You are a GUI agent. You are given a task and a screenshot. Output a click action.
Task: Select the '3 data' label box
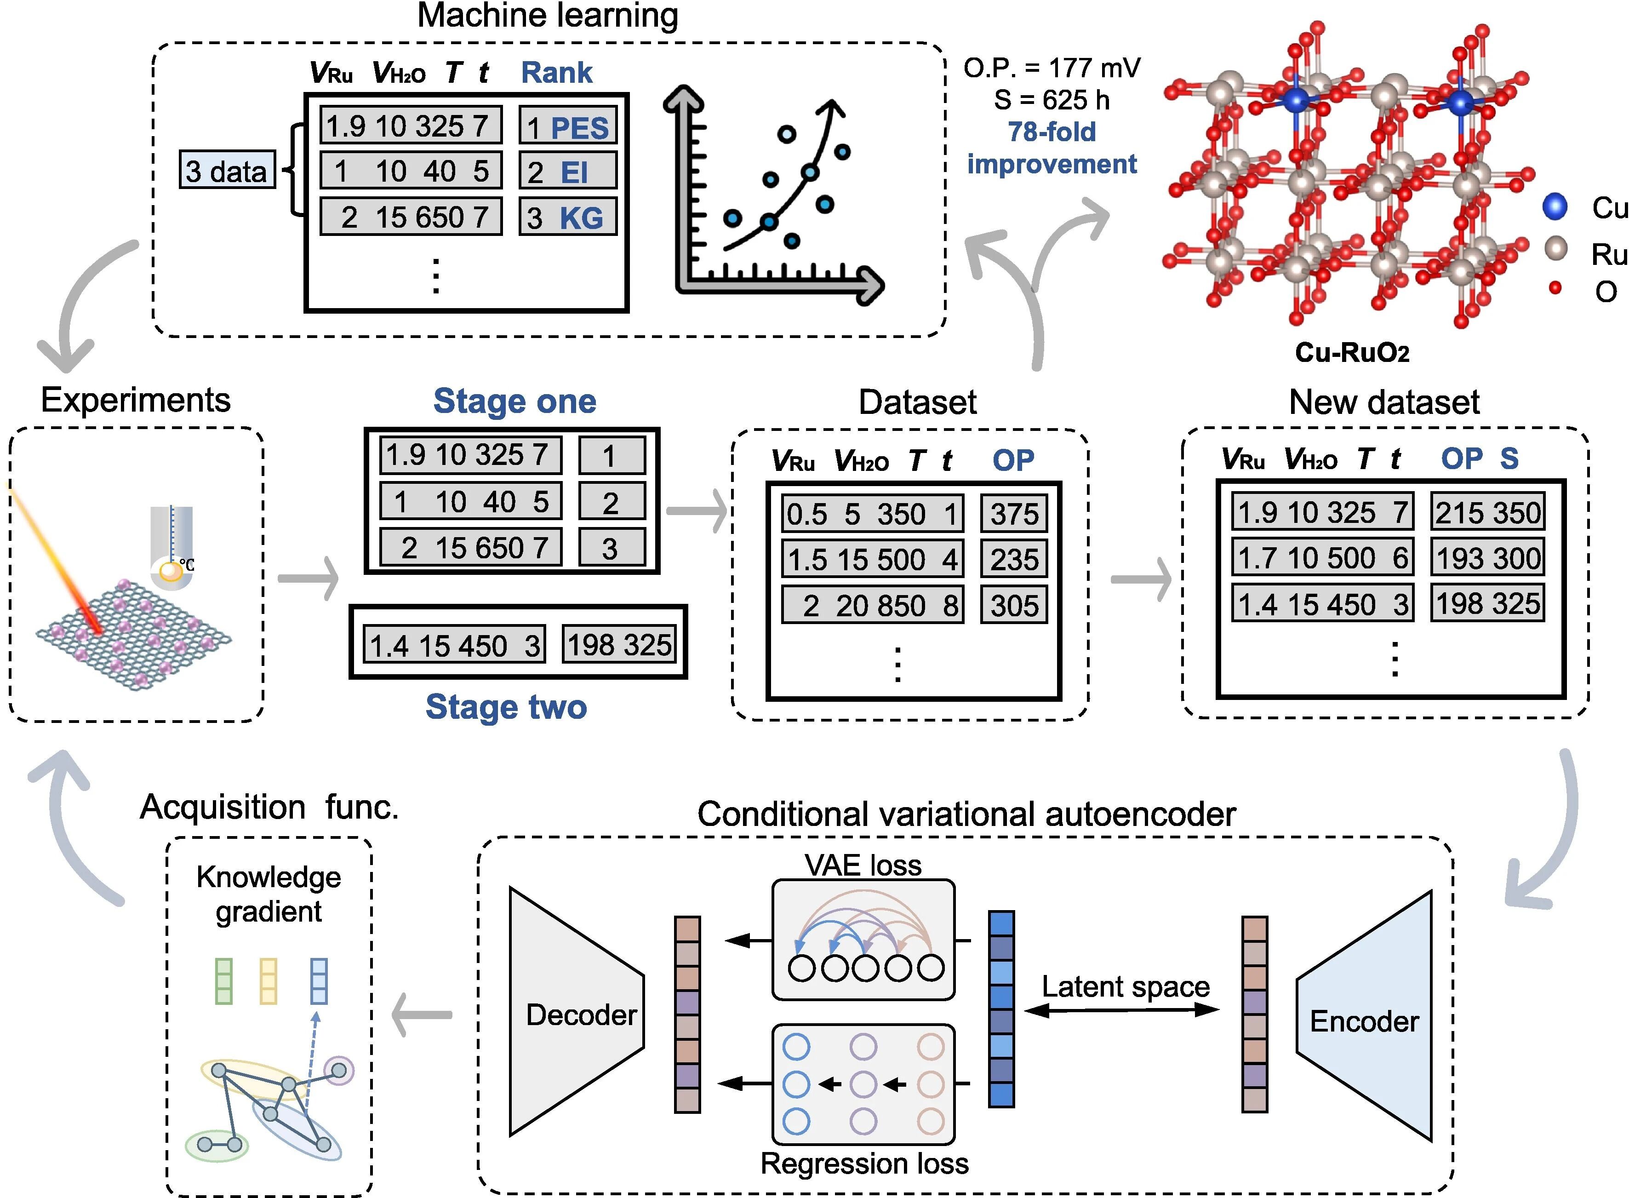[227, 171]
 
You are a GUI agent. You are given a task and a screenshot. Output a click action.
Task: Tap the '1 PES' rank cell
[568, 127]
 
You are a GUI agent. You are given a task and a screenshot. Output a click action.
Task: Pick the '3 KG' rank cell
[568, 217]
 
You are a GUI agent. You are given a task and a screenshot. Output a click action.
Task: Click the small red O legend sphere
[1555, 288]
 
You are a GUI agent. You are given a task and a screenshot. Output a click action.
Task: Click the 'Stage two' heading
[506, 706]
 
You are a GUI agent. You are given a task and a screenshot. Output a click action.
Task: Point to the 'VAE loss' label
[863, 865]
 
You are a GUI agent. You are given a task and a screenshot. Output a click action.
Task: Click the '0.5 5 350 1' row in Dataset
[872, 514]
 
